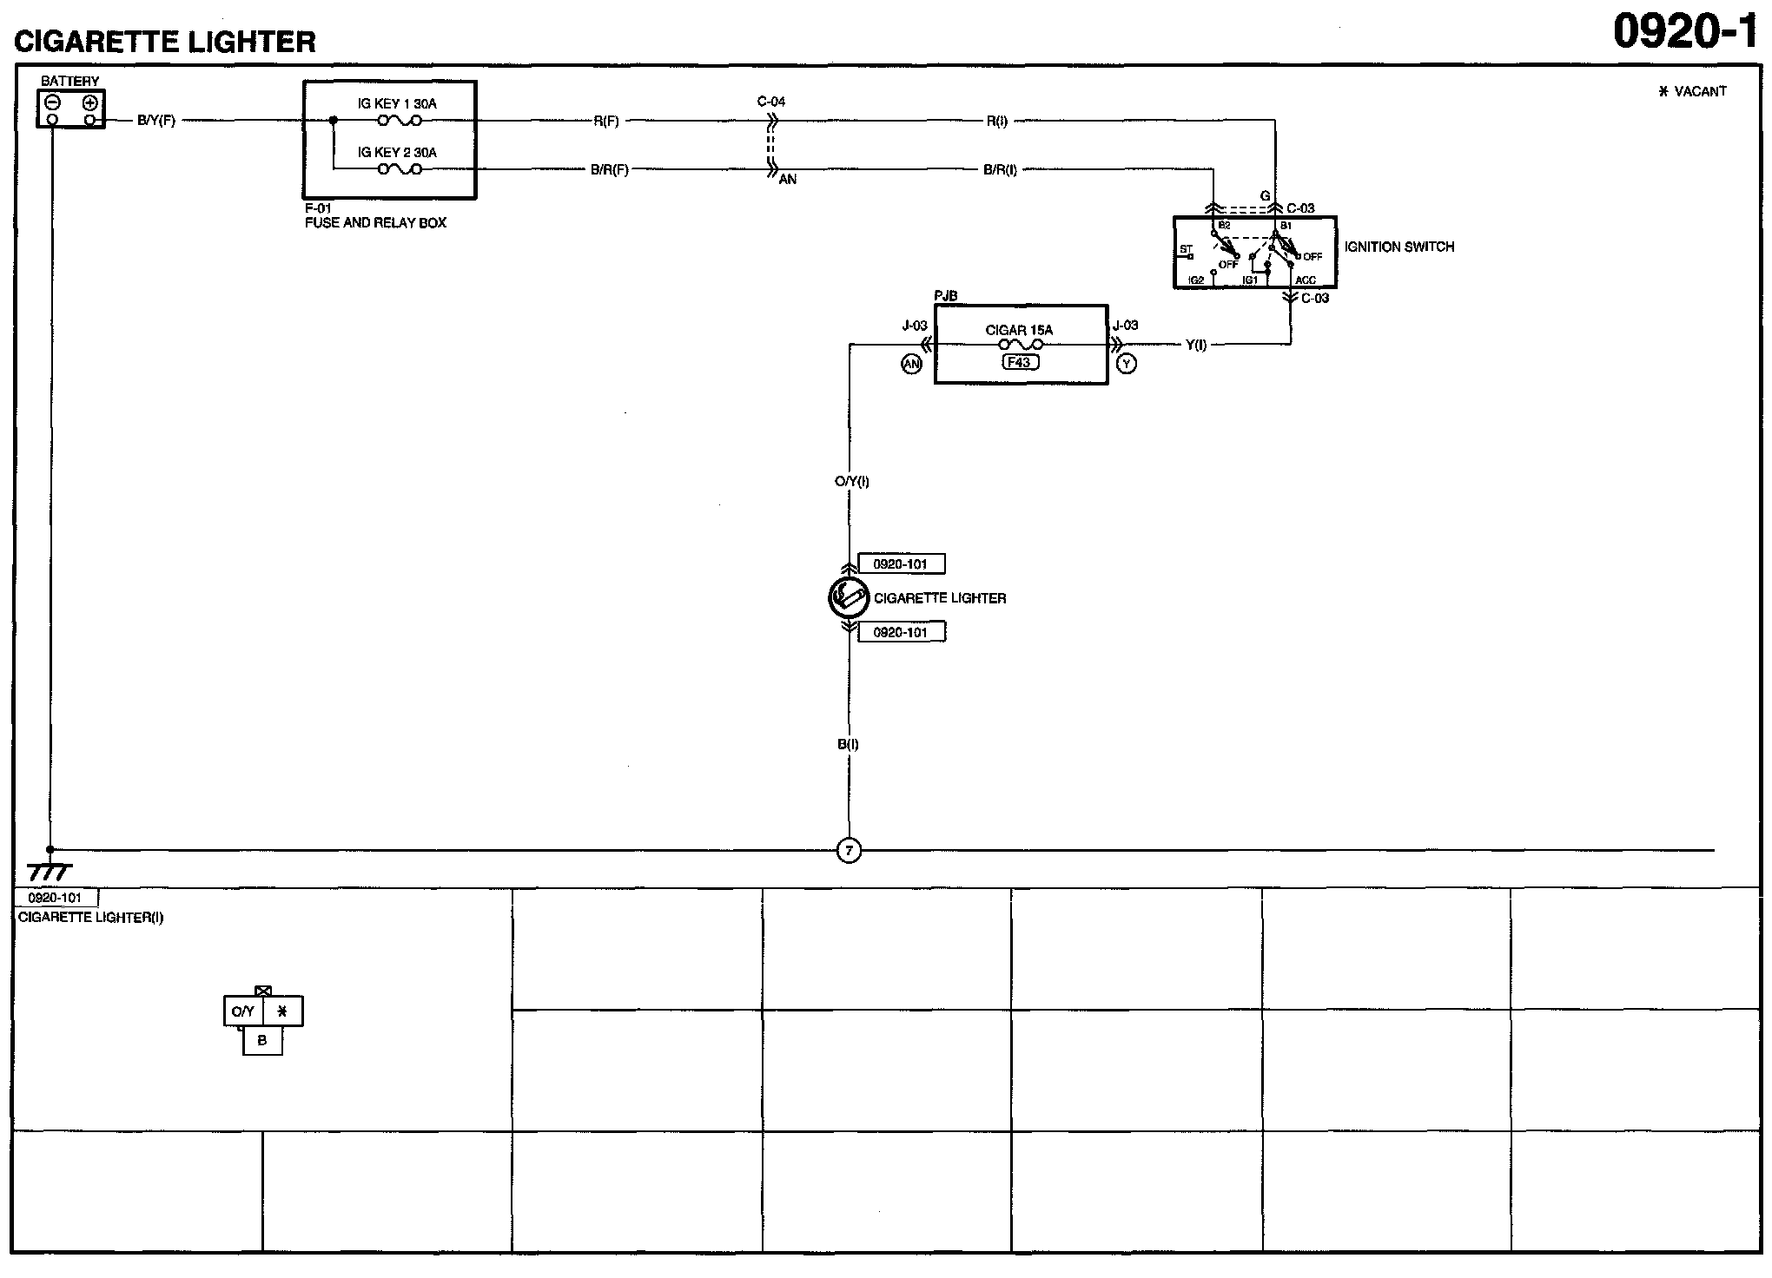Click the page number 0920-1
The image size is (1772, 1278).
tap(1686, 32)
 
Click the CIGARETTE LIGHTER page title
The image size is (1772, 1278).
tap(165, 42)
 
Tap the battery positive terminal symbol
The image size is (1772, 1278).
tap(89, 102)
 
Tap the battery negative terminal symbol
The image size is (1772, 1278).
tap(52, 102)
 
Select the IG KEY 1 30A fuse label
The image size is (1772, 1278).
tap(397, 103)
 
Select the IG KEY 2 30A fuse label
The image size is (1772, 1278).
tap(397, 152)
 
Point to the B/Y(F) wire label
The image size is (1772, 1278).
tap(156, 121)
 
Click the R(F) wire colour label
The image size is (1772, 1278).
tap(606, 122)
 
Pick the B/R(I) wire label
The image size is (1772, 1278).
tap(1000, 170)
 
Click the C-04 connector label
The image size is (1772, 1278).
tap(771, 102)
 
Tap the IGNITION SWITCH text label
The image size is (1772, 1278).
tap(1398, 247)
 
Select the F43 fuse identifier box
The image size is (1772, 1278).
tap(1020, 362)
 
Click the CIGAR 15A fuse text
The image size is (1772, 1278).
tap(1019, 330)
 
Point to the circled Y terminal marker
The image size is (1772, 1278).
tap(1127, 364)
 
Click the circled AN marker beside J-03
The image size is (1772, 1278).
tap(911, 365)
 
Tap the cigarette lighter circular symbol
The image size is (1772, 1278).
tap(849, 597)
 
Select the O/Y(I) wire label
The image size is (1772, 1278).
tap(851, 481)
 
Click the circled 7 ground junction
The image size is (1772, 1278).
tap(849, 851)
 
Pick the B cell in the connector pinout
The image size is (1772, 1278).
tap(262, 1040)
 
